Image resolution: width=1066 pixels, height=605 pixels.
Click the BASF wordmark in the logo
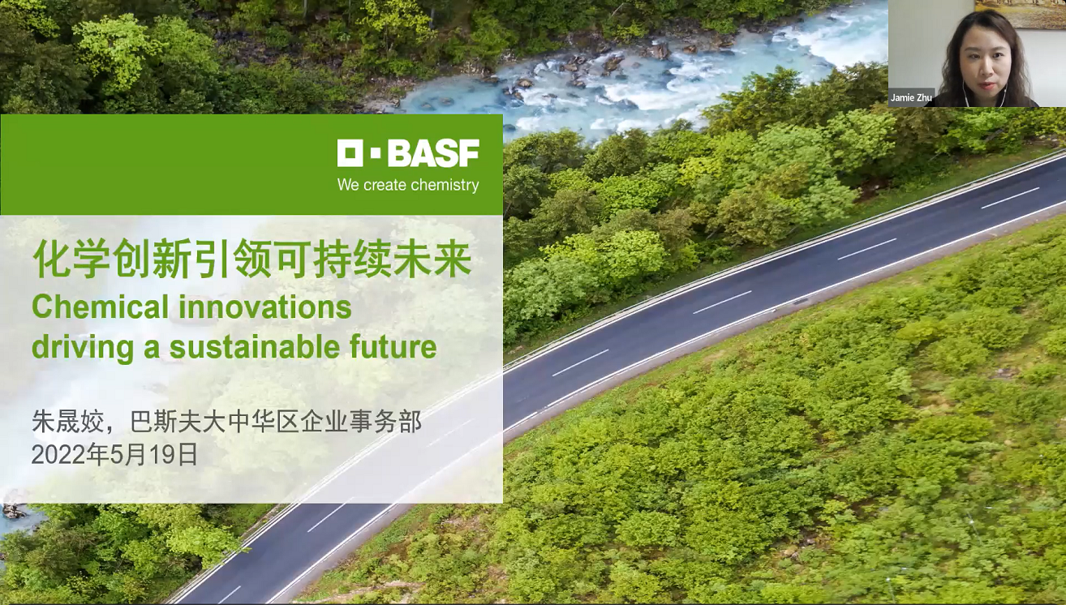433,153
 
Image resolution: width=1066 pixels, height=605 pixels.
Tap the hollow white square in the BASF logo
351,153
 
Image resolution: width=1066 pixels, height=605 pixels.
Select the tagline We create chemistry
408,185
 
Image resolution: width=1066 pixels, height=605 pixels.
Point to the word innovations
265,307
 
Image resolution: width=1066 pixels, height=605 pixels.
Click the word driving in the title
83,347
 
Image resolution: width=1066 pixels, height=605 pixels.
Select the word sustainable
255,347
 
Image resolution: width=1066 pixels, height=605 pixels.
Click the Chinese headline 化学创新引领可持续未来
251,258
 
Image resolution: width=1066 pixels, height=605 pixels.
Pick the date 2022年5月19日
114,454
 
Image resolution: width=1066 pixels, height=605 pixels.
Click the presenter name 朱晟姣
67,422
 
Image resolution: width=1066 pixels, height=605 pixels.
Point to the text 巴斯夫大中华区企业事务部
276,422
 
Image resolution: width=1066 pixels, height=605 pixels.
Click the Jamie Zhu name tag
911,97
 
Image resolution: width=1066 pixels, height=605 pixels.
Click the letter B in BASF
400,153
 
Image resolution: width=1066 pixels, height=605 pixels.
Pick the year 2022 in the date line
59,455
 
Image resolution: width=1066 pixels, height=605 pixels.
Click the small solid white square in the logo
376,153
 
